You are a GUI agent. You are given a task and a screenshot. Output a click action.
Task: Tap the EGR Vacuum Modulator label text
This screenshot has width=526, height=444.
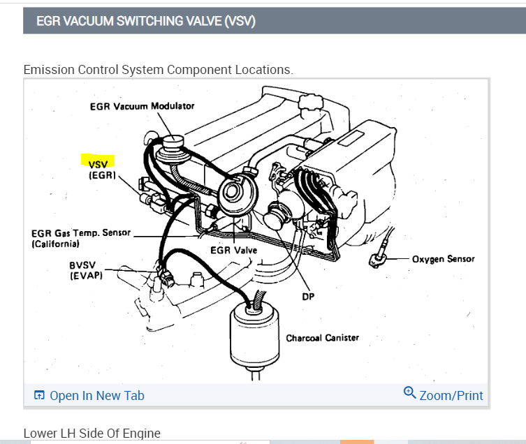point(142,106)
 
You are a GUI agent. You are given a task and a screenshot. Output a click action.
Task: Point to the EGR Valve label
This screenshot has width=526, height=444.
point(233,250)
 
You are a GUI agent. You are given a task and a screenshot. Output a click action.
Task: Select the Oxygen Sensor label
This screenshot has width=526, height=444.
point(443,259)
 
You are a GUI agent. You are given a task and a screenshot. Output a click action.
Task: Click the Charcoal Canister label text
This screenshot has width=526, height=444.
point(322,338)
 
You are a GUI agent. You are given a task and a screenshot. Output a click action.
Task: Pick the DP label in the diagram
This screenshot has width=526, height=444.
point(308,297)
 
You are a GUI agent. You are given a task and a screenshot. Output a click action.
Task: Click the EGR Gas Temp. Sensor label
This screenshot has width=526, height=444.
point(80,233)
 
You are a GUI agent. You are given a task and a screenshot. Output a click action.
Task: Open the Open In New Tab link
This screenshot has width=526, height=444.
point(96,396)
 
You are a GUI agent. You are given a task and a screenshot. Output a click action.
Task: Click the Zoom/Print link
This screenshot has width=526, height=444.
point(451,395)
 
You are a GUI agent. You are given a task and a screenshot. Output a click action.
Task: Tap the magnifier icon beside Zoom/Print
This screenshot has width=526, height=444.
point(410,393)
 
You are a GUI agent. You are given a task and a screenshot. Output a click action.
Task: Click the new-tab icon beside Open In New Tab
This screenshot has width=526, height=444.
point(39,396)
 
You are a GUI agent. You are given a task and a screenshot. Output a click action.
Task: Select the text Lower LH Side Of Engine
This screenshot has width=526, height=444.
point(92,434)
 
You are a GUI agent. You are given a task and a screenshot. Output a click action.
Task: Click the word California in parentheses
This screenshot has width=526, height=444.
point(56,244)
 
